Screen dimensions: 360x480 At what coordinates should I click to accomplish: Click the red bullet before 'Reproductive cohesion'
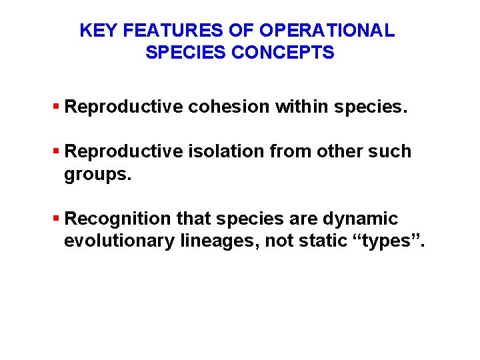click(x=57, y=107)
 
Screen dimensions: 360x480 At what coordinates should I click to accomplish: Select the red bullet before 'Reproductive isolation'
click(x=57, y=151)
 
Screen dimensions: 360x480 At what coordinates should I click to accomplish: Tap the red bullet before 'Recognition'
click(x=57, y=219)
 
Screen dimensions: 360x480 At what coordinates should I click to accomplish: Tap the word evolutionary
click(x=119, y=241)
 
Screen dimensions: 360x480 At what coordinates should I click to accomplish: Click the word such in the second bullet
click(x=389, y=151)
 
